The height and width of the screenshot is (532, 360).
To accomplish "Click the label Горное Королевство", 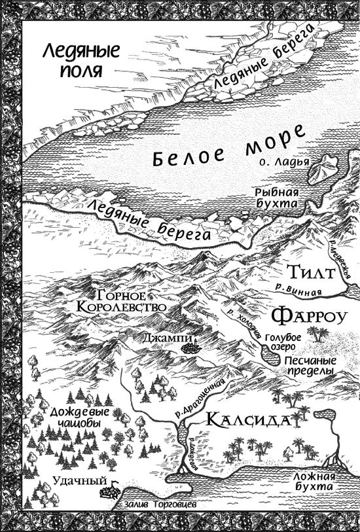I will tap(127, 300).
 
